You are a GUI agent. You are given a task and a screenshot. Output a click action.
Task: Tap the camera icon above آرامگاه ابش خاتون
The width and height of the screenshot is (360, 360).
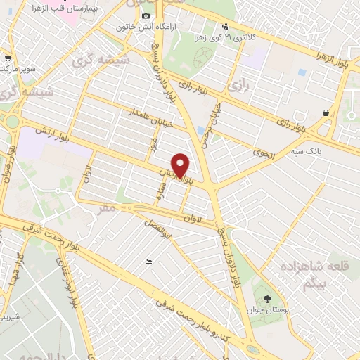point(146,15)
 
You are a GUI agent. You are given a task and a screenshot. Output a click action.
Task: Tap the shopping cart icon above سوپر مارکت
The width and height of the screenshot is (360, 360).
point(7,59)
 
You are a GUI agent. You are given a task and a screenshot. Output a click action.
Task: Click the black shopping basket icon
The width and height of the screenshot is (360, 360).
point(326,112)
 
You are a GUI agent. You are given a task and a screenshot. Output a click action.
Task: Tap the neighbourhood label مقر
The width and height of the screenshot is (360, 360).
point(107,209)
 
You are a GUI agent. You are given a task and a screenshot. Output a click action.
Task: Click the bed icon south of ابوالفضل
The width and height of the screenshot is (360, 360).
point(148,262)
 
